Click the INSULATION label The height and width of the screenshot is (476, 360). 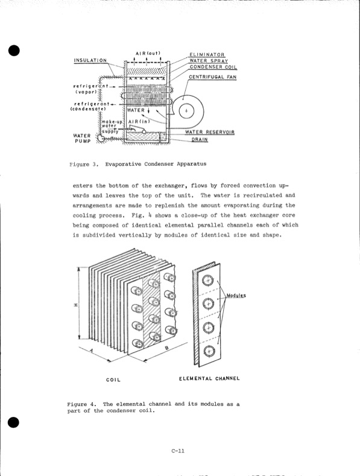[x=90, y=60]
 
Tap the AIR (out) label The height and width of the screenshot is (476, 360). [x=147, y=53]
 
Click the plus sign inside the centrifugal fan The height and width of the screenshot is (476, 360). [x=187, y=110]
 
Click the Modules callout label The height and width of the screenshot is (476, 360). [x=236, y=296]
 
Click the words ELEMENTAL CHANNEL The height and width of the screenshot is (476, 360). [x=209, y=378]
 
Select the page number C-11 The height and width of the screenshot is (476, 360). [x=177, y=450]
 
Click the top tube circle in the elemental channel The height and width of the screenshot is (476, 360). [x=209, y=279]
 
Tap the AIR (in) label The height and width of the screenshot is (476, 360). [x=142, y=121]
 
